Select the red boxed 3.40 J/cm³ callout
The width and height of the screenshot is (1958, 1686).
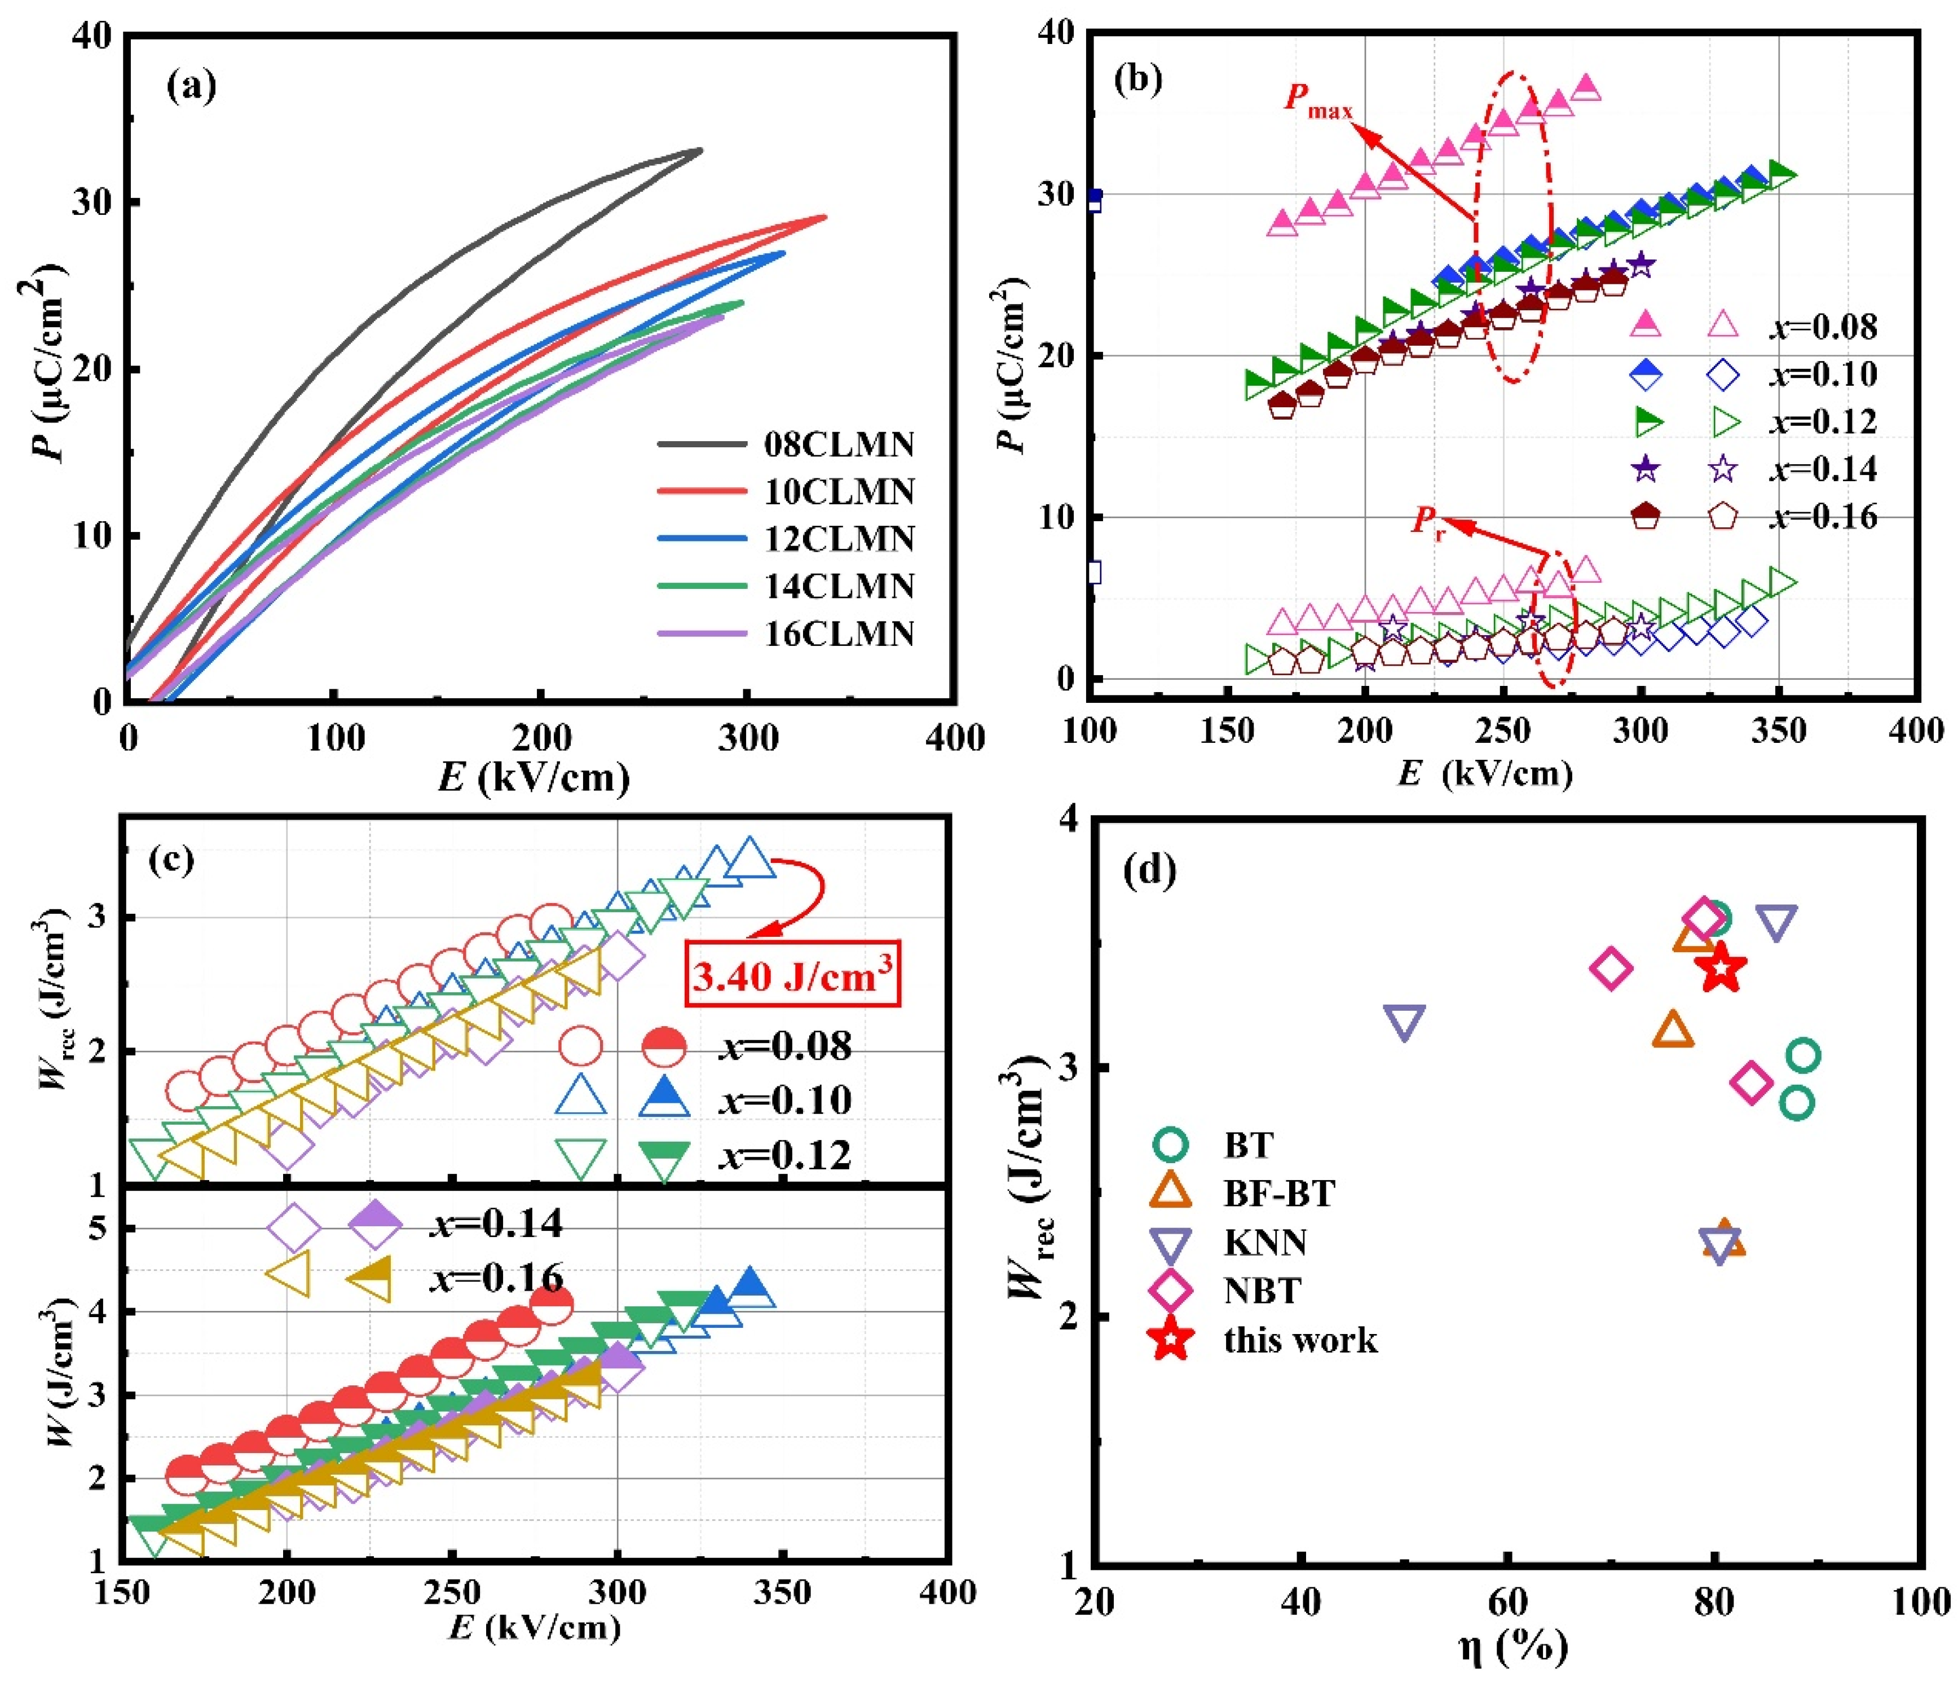(792, 974)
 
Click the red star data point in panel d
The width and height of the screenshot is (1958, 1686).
(1721, 969)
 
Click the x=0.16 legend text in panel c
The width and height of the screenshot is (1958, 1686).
(496, 1277)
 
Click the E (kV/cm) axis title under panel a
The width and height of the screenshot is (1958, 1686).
(534, 777)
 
